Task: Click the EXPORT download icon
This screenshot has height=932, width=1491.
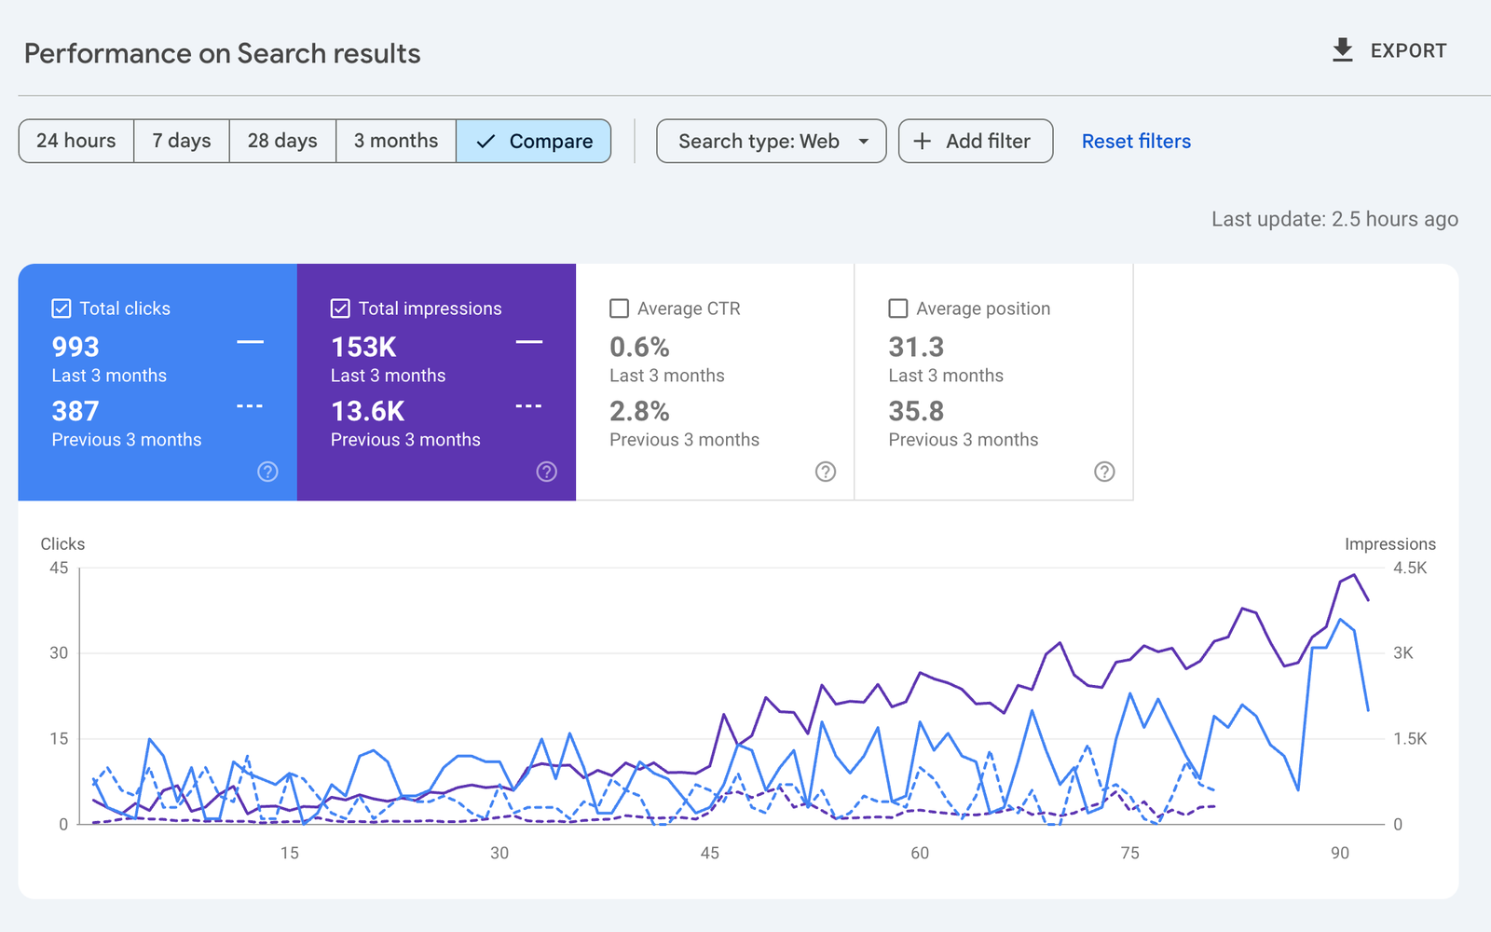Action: tap(1342, 50)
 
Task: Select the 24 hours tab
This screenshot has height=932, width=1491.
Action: tap(76, 141)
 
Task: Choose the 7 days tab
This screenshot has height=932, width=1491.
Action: tap(182, 141)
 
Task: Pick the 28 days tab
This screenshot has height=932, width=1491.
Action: tap(282, 141)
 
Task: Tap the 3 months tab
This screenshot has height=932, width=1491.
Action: tap(396, 141)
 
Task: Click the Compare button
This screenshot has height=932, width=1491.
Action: tap(534, 141)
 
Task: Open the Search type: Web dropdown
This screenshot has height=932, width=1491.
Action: tap(771, 141)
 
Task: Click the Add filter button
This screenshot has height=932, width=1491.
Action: tap(975, 141)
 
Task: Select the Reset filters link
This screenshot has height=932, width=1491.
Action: tap(1136, 141)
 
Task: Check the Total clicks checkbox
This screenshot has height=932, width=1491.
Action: tap(62, 308)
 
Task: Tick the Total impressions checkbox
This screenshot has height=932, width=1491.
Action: tap(340, 308)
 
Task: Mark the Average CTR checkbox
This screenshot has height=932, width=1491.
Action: tap(619, 308)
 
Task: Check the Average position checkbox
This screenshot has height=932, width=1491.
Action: tap(898, 308)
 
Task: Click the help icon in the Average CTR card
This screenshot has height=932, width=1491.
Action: tap(826, 472)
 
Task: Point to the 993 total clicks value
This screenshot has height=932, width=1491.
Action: tap(75, 347)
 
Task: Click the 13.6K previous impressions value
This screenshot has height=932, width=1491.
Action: tap(368, 411)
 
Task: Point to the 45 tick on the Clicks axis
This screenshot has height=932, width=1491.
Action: tap(59, 568)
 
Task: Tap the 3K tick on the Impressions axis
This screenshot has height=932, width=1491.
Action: tap(1402, 653)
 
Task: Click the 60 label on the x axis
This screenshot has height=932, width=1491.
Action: tap(920, 853)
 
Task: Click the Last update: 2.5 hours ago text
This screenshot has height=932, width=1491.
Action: tap(1334, 219)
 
